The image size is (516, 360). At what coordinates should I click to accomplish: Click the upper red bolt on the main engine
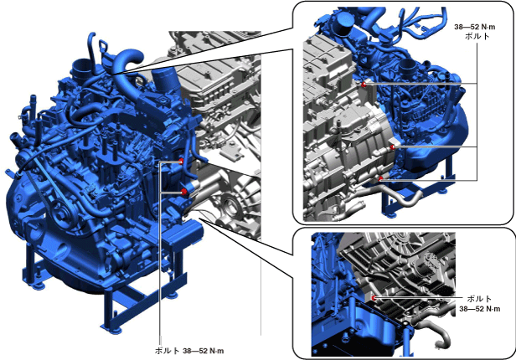181,161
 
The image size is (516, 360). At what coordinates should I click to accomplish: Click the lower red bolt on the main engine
183,192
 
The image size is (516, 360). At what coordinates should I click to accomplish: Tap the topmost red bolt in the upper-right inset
364,85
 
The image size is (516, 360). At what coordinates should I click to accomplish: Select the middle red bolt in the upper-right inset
392,147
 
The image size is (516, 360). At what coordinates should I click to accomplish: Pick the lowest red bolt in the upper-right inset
381,178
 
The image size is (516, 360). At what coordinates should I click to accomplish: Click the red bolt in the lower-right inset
374,298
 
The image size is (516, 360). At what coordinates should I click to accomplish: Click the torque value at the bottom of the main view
204,351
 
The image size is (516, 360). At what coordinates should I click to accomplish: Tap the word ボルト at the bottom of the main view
168,351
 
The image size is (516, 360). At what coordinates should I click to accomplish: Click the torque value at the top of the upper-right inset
474,27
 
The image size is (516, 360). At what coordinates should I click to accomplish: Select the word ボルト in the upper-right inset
477,36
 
